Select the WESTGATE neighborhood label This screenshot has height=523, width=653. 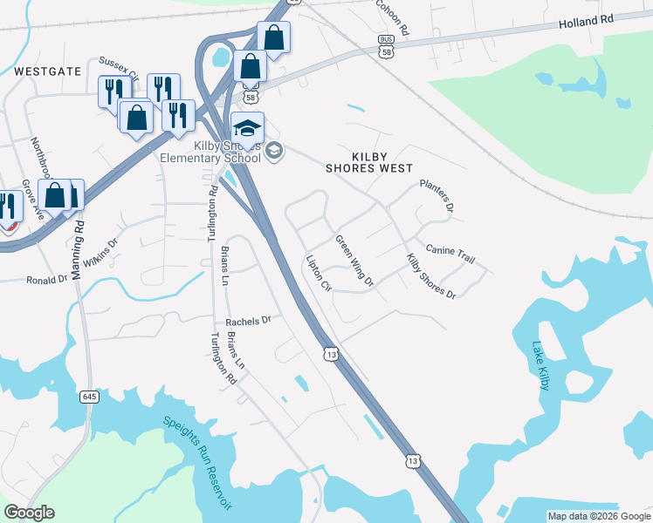pyautogui.click(x=47, y=71)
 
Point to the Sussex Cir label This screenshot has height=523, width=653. pyautogui.click(x=119, y=65)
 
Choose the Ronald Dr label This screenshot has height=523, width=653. pyautogui.click(x=47, y=280)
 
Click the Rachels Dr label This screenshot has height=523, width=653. pyautogui.click(x=249, y=321)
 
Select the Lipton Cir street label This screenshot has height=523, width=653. pyautogui.click(x=319, y=273)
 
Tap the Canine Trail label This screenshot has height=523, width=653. pyautogui.click(x=450, y=253)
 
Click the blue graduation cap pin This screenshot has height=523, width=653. pyautogui.click(x=248, y=127)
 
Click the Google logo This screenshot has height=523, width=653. pyautogui.click(x=29, y=513)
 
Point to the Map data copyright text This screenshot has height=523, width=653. pyautogui.click(x=598, y=516)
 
